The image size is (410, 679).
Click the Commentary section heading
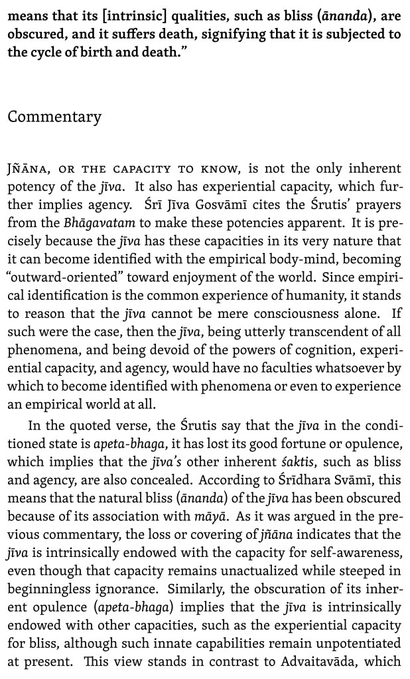(54, 117)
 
